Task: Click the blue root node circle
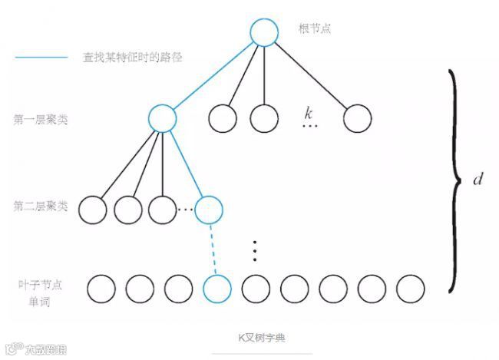(263, 31)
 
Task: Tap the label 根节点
(314, 30)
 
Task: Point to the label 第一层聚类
(41, 120)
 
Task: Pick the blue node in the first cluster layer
(163, 117)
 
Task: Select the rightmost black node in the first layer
(357, 118)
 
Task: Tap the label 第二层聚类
(41, 206)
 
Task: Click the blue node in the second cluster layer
(208, 208)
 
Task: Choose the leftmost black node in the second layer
(91, 208)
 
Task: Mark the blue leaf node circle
(216, 288)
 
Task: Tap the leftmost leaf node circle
(101, 288)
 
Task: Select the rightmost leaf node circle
(411, 288)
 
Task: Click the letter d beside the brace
(478, 179)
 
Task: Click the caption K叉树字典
(262, 337)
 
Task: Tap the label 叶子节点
(40, 284)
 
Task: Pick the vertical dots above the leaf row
(256, 250)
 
